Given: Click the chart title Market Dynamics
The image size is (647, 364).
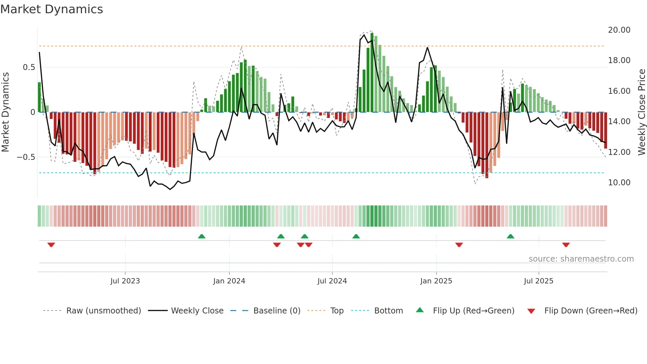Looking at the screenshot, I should pos(51,9).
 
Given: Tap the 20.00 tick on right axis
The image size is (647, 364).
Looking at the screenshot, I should pos(619,30).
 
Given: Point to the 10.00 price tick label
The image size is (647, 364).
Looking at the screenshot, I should pos(619,183).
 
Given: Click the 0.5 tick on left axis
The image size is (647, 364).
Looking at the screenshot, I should pos(29,67).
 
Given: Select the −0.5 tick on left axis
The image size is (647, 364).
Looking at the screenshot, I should pos(26,157).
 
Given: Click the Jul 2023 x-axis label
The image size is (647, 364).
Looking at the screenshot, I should pos(125,281).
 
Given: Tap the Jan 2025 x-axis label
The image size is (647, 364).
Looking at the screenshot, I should pos(436,281).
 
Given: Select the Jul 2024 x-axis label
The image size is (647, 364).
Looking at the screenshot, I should pos(332,281).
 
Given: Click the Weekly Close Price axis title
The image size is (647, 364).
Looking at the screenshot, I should pos(641,112).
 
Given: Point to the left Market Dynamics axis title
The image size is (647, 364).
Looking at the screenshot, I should pos(5,112).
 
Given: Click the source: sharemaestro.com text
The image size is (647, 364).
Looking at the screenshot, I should pos(581,259).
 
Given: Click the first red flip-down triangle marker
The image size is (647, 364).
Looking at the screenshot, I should pos(51,245).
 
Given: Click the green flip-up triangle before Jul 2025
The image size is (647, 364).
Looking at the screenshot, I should pos(510,236).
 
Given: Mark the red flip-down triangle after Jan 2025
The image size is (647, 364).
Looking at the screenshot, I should pos(459,245).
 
